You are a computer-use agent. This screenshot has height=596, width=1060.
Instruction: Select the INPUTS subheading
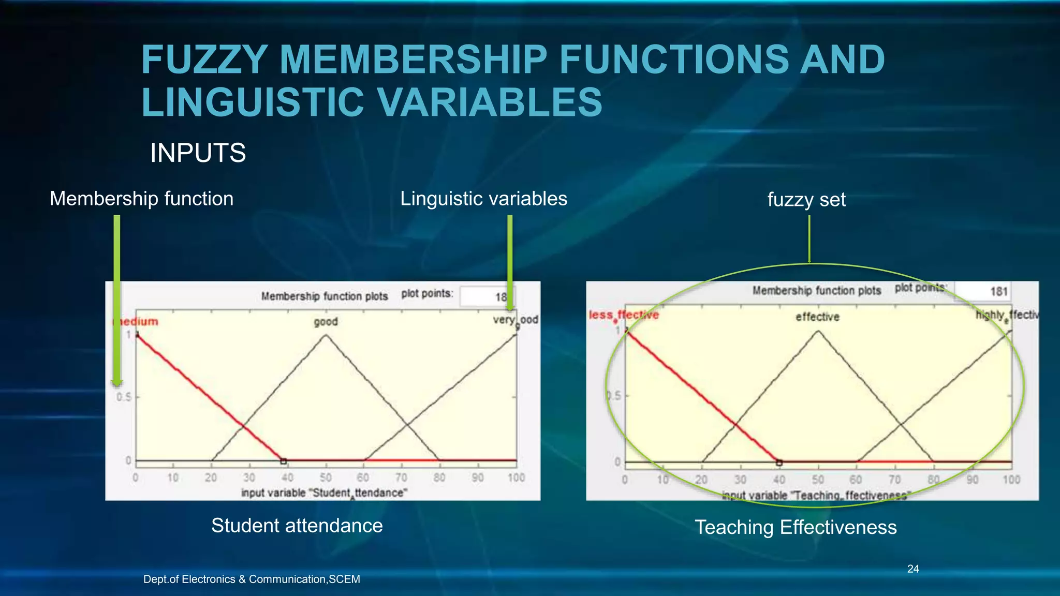coord(198,153)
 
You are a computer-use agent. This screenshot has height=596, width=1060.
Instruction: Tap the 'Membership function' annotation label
coord(141,199)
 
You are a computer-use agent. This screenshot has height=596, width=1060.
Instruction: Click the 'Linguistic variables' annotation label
coord(483,199)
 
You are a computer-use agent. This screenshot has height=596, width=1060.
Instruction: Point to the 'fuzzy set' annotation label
coord(806,200)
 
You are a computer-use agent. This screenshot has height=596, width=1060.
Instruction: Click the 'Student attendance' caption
coord(297,526)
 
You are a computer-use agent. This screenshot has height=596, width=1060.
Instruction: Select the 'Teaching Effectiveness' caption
coord(796,527)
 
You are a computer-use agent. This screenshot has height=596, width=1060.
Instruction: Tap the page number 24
coord(913,569)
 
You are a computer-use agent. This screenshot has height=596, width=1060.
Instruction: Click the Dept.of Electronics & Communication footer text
coord(252,579)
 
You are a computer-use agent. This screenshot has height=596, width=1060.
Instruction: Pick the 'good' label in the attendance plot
coord(326,322)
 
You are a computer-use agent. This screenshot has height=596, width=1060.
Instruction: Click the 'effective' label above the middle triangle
coord(817,317)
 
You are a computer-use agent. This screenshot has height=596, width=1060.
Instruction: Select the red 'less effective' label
coord(624,315)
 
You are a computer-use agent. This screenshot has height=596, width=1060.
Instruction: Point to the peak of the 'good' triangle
coord(326,335)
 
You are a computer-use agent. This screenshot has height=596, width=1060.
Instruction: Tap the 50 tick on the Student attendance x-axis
coord(326,478)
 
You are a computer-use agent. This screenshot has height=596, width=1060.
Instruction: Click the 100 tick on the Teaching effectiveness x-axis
coord(1011,480)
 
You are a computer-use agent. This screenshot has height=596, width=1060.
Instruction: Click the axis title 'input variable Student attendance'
coord(324,493)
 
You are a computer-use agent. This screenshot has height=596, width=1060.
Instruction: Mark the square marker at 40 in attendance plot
coord(283,460)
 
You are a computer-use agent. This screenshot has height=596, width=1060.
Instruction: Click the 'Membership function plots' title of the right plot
coord(816,291)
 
